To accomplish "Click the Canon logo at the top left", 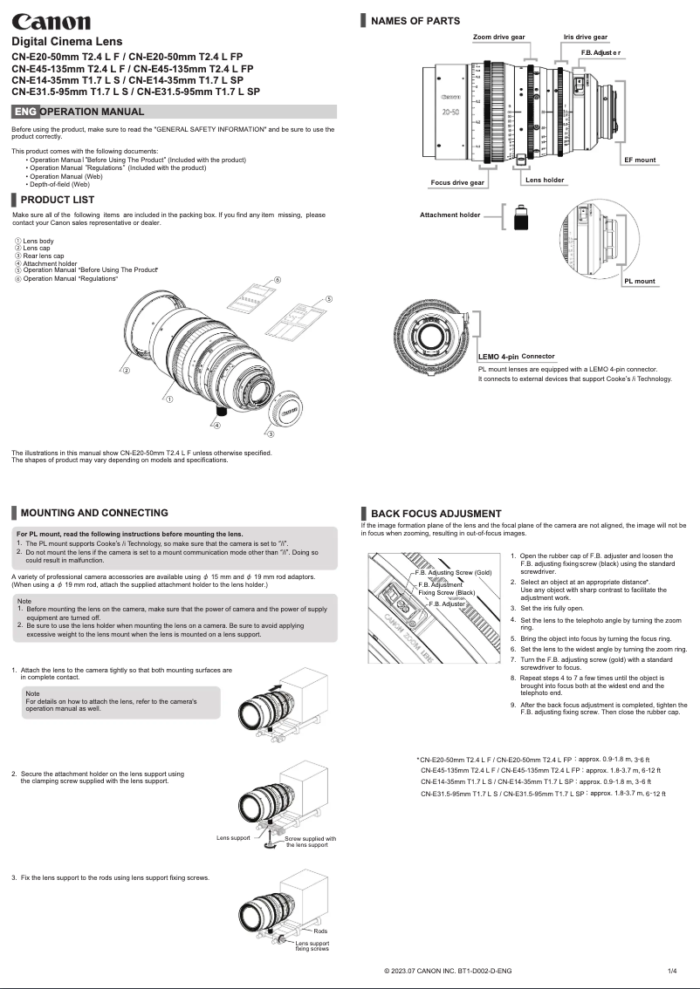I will click(50, 21).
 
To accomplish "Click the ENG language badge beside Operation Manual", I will click(25, 112).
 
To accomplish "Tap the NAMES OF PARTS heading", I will click(415, 21).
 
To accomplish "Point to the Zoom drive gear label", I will click(498, 38).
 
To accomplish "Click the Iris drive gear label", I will click(585, 38).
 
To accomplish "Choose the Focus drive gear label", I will click(458, 183).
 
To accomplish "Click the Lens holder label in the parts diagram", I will click(545, 180).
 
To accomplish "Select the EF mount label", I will click(639, 160).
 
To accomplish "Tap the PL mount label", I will click(639, 282).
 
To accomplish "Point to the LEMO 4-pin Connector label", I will click(516, 357).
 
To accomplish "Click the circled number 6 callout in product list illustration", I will click(277, 279).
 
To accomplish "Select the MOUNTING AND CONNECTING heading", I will click(93, 513).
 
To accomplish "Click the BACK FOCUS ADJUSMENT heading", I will click(436, 514).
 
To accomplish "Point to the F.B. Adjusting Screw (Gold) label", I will click(453, 573).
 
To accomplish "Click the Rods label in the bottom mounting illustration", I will click(320, 932).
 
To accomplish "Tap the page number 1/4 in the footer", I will click(672, 971).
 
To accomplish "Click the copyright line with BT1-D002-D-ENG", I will click(448, 971).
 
